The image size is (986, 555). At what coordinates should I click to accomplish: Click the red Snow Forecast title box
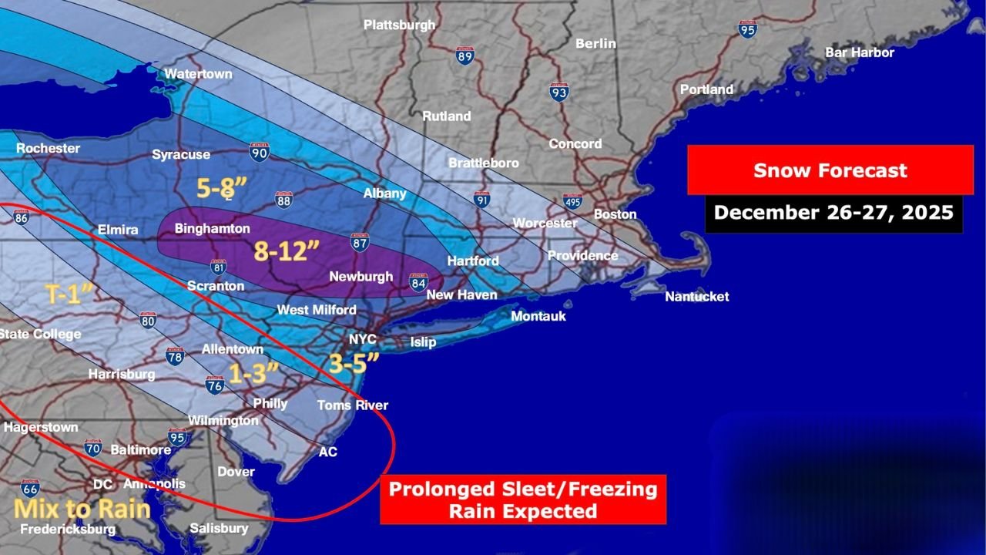coord(830,170)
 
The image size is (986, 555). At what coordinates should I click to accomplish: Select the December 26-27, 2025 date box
coord(833,213)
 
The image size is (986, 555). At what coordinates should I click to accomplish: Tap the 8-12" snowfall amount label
coord(287,251)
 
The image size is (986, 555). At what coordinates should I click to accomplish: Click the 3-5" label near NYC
coord(354,363)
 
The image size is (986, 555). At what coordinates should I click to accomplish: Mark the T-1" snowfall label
coord(69,294)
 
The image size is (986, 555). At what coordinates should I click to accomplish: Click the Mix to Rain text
coord(82,509)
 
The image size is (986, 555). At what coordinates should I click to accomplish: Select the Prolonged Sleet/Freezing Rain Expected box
coord(522,499)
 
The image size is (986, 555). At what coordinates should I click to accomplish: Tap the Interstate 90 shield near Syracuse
coord(260,152)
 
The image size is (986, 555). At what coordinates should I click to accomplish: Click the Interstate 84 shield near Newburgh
coord(418,282)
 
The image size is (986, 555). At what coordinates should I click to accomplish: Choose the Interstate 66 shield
coord(30,488)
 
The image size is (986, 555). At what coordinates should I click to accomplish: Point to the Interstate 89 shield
coord(464,55)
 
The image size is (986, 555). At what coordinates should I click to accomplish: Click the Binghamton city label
coord(212,229)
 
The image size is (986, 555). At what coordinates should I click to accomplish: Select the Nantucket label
coord(696,297)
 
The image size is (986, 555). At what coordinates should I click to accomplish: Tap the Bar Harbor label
coord(859,53)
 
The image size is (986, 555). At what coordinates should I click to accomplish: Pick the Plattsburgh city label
coord(399,25)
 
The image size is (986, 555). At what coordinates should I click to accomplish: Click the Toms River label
coord(353,405)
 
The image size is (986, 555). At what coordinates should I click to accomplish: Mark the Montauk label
coord(538,317)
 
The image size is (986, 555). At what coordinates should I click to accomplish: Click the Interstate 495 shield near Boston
coord(572,201)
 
